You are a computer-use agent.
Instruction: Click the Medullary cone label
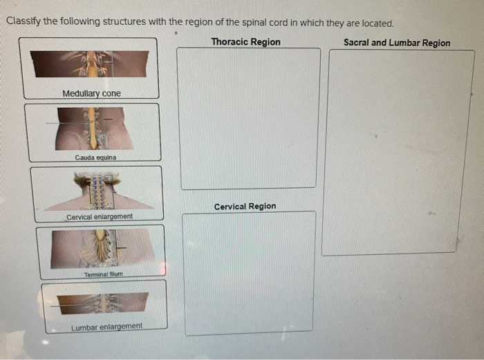(91, 93)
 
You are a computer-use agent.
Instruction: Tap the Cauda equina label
(95, 158)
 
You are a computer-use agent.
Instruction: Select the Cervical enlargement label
(100, 217)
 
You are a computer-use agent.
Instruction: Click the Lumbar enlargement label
(106, 326)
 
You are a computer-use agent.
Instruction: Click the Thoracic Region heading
(245, 42)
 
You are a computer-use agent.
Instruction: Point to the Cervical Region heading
(245, 207)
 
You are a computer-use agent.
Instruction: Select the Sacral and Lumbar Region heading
(396, 43)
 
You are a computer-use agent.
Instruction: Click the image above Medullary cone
(89, 64)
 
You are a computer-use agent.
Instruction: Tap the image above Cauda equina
(93, 128)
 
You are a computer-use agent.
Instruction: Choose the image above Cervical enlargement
(97, 189)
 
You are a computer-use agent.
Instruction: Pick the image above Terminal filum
(102, 247)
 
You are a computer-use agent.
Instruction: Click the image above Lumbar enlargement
(103, 303)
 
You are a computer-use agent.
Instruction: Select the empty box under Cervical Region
(250, 273)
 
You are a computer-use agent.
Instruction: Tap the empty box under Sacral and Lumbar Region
(399, 152)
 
